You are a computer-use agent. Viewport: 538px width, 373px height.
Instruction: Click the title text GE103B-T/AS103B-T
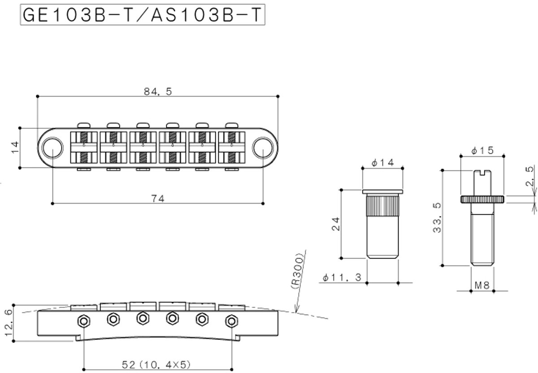[142, 15]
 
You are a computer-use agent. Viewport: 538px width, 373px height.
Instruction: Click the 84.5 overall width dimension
[158, 91]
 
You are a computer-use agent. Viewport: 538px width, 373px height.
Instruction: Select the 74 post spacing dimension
[158, 199]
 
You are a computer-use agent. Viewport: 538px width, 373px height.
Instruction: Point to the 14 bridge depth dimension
[15, 147]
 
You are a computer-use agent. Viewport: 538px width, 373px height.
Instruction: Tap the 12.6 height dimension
[9, 322]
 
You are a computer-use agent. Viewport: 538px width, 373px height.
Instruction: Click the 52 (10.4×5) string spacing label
[156, 364]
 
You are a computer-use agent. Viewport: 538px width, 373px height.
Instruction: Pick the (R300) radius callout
[298, 271]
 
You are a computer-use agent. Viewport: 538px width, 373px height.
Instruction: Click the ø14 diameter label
[382, 163]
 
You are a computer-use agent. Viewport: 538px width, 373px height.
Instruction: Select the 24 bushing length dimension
[336, 224]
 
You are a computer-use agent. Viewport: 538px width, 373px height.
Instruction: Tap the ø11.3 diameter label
[342, 278]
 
